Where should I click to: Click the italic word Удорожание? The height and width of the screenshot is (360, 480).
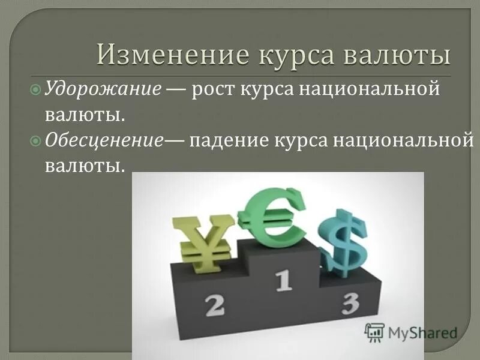(103, 89)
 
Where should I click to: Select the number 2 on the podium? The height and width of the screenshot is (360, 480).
(214, 305)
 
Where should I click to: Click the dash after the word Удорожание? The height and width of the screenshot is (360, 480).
(175, 90)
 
